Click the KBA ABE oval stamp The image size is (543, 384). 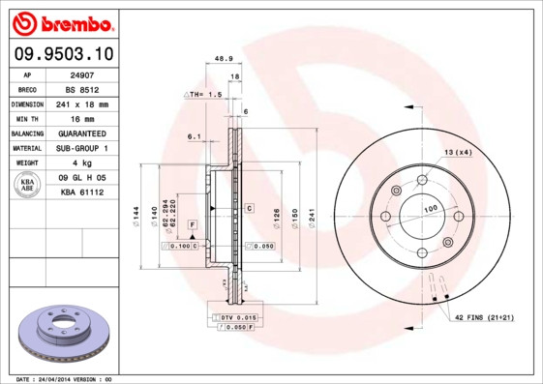pos(28,185)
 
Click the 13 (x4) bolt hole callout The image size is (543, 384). pos(458,153)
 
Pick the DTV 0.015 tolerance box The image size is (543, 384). pos(235,317)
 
